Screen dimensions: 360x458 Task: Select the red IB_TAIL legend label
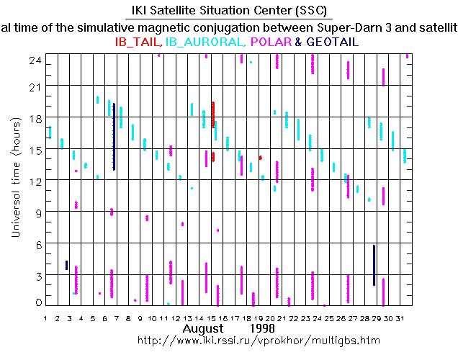point(138,42)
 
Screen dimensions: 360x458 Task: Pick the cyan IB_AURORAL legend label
point(205,42)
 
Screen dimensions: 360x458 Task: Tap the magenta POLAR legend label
point(270,42)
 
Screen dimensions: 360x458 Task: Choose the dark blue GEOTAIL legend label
point(332,42)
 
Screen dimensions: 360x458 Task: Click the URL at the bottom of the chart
point(257,339)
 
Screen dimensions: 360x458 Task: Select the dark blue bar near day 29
point(374,265)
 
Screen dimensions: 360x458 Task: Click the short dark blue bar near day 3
point(67,265)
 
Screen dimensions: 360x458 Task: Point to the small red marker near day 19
point(260,157)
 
